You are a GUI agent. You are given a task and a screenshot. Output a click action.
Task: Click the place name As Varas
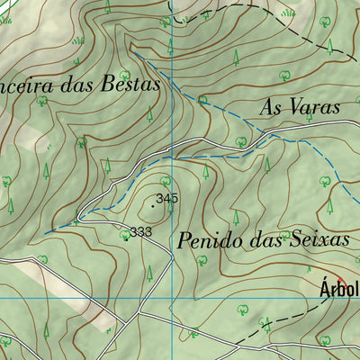pyautogui.click(x=299, y=107)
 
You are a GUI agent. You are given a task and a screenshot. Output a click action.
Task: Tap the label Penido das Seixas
pyautogui.click(x=263, y=240)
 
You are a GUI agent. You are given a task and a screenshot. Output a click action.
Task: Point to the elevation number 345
pyautogui.click(x=166, y=198)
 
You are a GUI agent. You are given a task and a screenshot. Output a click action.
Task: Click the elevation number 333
pyautogui.click(x=139, y=232)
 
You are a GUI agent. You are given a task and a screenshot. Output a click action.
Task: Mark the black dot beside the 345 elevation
pyautogui.click(x=153, y=206)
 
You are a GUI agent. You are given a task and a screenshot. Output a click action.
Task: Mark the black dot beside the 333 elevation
pyautogui.click(x=125, y=238)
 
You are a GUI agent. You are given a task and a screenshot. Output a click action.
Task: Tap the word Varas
pyautogui.click(x=313, y=107)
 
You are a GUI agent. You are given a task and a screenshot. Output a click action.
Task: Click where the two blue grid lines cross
pyautogui.click(x=171, y=297)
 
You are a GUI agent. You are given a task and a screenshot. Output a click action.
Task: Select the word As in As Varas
pyautogui.click(x=269, y=107)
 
